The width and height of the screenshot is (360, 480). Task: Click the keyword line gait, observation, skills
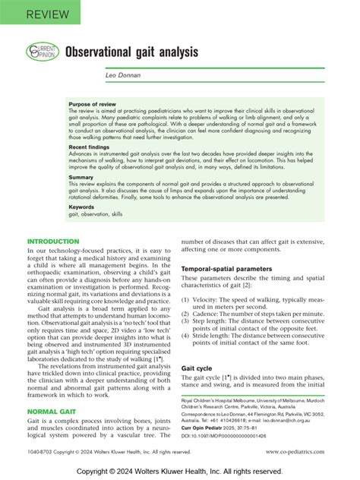point(95,214)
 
